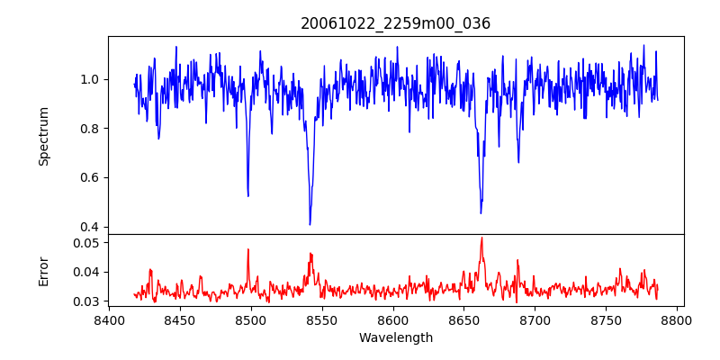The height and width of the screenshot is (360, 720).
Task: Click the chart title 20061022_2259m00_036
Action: pos(395,23)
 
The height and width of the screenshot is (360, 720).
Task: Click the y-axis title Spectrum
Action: pos(43,136)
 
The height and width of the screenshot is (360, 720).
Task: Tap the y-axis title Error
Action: pos(43,271)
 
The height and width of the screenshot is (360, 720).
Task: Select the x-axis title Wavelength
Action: pos(395,338)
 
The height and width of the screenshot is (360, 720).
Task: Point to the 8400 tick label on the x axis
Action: pos(109,319)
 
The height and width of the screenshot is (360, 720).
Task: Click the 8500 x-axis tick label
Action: pos(251,319)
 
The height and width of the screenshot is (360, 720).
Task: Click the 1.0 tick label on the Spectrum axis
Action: pos(90,79)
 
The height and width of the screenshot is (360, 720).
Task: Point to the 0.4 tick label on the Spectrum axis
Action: pos(90,226)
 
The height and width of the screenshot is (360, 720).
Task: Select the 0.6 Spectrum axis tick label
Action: pos(90,177)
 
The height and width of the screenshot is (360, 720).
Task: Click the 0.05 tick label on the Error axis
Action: pos(86,243)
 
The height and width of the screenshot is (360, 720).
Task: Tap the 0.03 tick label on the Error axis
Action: pos(86,301)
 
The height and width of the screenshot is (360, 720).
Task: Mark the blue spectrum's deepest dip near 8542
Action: pos(310,224)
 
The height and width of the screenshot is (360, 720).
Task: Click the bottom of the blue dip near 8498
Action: pos(247,195)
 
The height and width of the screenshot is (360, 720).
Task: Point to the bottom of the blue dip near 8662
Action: pos(481,212)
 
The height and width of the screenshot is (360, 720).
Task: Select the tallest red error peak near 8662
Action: pos(481,238)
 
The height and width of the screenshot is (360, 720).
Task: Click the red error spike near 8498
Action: pos(247,249)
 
